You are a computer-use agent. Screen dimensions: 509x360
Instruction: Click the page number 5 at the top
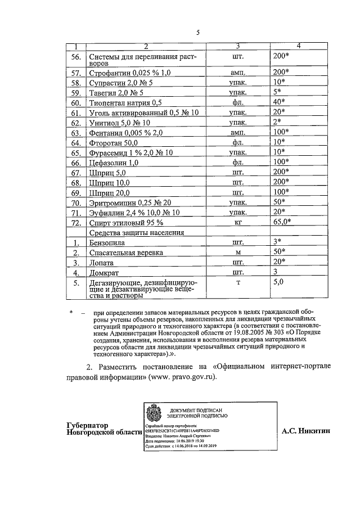click(197, 32)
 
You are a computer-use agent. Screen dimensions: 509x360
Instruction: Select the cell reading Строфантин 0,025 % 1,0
click(129, 73)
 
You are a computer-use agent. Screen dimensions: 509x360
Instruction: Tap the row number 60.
click(76, 102)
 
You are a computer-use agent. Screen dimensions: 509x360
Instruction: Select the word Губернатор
click(87, 426)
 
